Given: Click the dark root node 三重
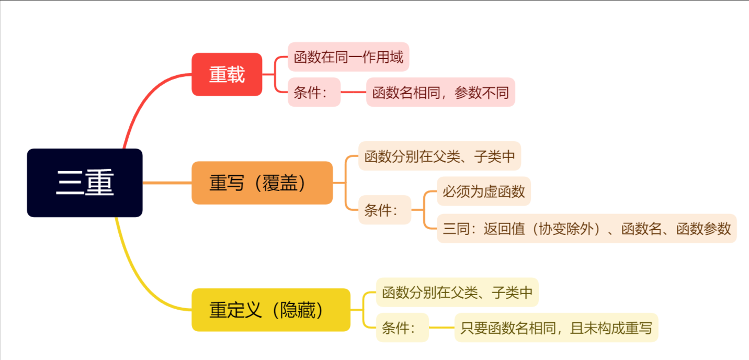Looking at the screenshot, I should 85,183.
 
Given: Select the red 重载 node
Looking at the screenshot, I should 226,74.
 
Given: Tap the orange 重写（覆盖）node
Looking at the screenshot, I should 262,183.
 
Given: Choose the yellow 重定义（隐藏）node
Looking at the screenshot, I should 270,310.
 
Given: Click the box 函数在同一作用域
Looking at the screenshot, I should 348,57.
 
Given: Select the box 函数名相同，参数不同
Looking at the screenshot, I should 440,93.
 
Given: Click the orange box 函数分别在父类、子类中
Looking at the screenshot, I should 439,156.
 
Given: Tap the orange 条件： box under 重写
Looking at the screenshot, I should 384,210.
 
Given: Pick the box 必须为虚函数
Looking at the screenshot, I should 484,191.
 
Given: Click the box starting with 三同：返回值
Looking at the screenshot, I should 586,229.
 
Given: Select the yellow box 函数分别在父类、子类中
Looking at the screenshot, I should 457,292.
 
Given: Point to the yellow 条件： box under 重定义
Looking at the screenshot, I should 402,328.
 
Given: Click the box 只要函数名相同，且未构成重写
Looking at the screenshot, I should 556,328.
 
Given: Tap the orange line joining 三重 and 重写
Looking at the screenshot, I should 167,183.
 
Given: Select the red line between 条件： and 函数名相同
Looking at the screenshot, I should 353,93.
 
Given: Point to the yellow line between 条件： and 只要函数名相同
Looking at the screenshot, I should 441,328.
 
